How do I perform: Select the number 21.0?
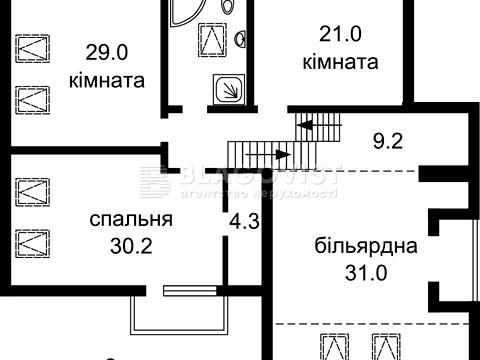click(x=342, y=32)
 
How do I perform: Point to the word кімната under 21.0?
click(x=342, y=61)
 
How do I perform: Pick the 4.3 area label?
click(x=244, y=222)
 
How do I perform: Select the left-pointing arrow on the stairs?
click(x=308, y=127)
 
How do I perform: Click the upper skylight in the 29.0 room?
click(x=29, y=46)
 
